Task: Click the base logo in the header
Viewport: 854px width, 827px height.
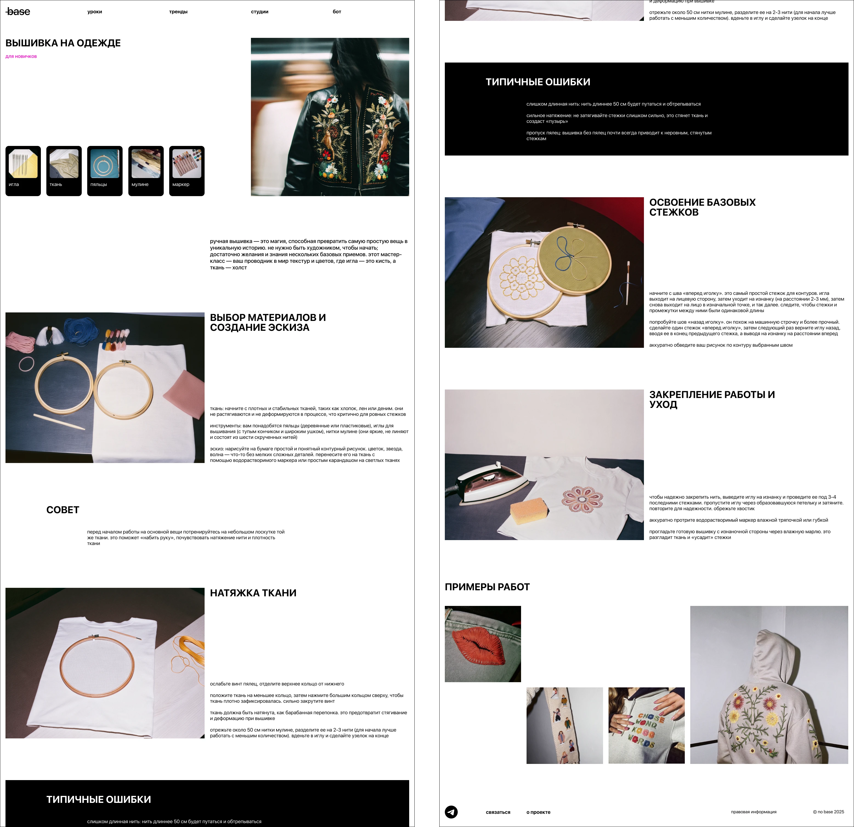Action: click(18, 12)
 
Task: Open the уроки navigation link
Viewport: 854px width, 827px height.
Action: click(95, 12)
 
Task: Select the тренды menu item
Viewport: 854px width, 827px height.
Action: click(178, 12)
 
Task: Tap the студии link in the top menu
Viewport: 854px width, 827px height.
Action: click(260, 12)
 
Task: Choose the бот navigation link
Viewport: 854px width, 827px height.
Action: click(337, 12)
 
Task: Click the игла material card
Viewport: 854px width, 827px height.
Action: click(23, 171)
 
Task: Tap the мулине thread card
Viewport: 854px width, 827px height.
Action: click(146, 171)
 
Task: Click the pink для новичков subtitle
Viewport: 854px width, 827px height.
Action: click(21, 56)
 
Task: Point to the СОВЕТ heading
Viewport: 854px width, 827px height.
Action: click(63, 510)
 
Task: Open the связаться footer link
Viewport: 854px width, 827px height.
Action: click(498, 812)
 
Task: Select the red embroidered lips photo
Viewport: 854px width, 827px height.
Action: click(483, 644)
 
